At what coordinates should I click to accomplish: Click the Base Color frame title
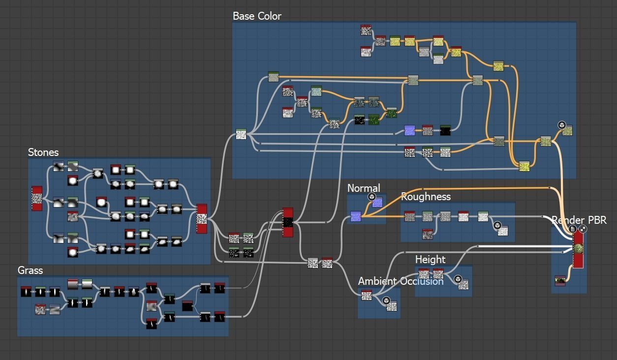tap(257, 16)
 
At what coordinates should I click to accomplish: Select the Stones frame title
tap(43, 152)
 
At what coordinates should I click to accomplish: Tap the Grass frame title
tap(30, 270)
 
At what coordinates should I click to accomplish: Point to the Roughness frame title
tap(426, 197)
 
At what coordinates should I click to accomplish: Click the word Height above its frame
tap(430, 260)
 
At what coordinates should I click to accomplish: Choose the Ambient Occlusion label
tap(401, 281)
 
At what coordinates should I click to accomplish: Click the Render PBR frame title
tap(579, 220)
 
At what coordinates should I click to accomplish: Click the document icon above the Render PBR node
tap(573, 229)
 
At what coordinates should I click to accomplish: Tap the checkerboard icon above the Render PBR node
tap(583, 229)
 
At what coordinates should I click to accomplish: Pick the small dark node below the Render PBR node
tap(560, 281)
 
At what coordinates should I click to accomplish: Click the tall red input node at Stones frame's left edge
tap(37, 198)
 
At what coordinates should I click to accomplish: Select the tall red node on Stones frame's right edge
tap(202, 219)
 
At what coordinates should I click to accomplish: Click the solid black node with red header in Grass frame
tap(187, 306)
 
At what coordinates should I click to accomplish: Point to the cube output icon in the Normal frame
tap(372, 197)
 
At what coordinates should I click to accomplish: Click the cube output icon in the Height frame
tap(458, 279)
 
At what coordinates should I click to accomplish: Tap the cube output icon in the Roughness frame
tap(497, 226)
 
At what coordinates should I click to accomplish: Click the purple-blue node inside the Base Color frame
tap(409, 130)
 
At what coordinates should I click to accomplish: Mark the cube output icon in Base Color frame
tap(561, 125)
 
